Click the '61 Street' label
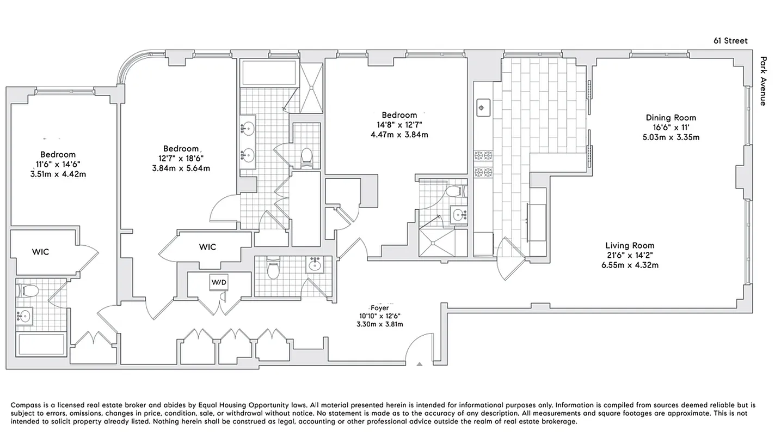pos(730,41)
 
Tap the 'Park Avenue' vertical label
pos(763,81)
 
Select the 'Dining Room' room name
pos(671,118)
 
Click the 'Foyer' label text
pos(379,308)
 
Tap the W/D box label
pos(219,282)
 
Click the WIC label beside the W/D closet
pos(207,247)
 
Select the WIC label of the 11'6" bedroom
pos(40,252)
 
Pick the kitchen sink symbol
pos(482,108)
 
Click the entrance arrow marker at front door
pos(419,364)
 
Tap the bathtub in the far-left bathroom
pos(41,344)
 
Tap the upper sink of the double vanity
pos(248,129)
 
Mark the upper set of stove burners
pos(483,155)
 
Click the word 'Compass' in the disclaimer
pos(26,405)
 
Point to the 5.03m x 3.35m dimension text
pos(671,137)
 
